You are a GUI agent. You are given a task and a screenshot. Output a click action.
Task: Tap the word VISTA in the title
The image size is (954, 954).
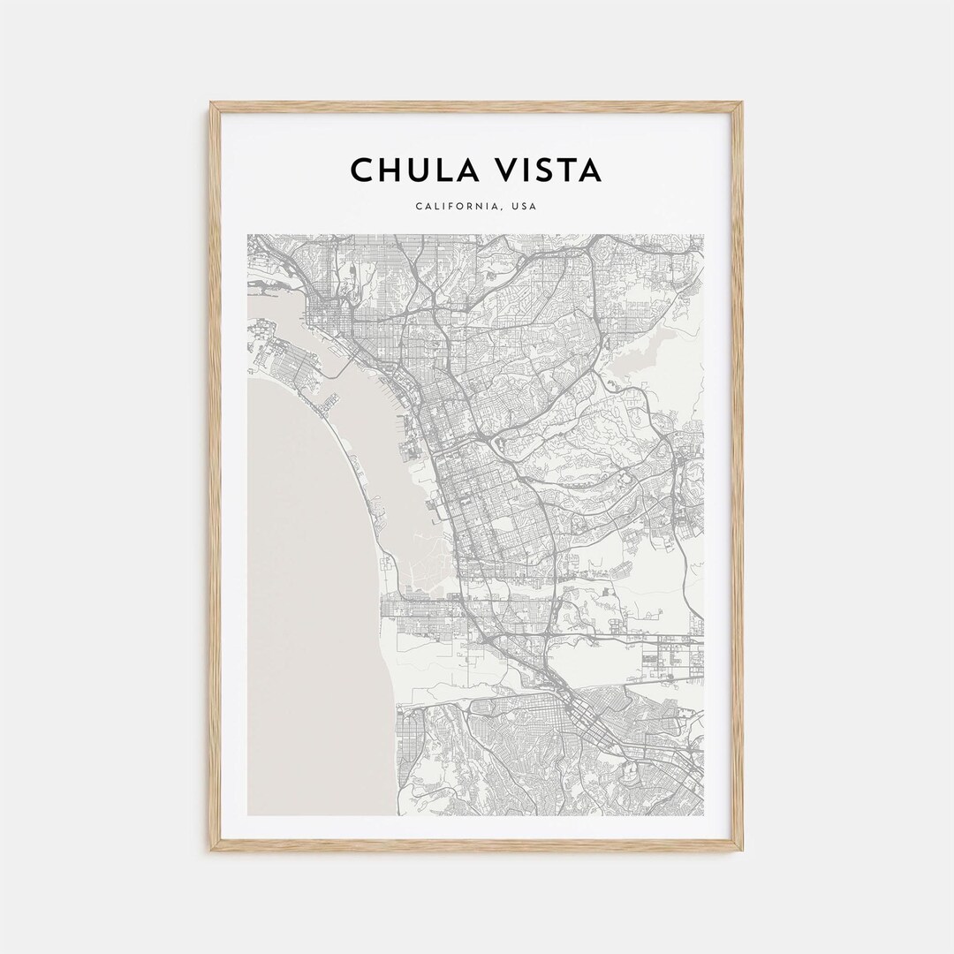click(x=549, y=170)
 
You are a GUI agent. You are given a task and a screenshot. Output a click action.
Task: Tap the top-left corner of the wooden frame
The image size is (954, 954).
click(x=212, y=104)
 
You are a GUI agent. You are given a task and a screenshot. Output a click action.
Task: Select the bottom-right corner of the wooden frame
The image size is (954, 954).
click(x=741, y=849)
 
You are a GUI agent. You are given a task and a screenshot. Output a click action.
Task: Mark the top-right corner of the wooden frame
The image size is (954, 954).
click(x=741, y=104)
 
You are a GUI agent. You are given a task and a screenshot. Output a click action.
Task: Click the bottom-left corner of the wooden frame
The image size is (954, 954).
click(x=212, y=849)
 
